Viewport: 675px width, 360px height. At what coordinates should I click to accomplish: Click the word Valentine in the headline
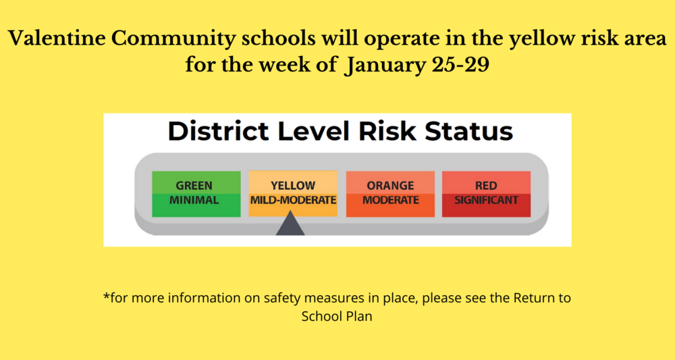pyautogui.click(x=57, y=38)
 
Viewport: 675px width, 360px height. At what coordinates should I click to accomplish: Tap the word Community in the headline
pyautogui.click(x=174, y=38)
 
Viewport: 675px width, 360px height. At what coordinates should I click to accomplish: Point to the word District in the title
pyautogui.click(x=219, y=131)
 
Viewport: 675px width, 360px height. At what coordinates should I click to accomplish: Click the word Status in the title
pyautogui.click(x=469, y=131)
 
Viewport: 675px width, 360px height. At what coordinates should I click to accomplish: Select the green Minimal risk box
pyautogui.click(x=196, y=194)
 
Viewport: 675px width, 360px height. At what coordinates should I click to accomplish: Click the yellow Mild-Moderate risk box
pyautogui.click(x=293, y=194)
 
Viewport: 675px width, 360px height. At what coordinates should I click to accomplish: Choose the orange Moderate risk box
pyautogui.click(x=390, y=194)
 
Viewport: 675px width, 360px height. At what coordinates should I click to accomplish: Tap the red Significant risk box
pyautogui.click(x=487, y=194)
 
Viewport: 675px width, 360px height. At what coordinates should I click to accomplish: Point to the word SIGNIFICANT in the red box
pyautogui.click(x=487, y=200)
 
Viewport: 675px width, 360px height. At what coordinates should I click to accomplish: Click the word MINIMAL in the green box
pyautogui.click(x=194, y=200)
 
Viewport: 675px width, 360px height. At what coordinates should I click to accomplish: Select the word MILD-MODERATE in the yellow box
pyautogui.click(x=293, y=200)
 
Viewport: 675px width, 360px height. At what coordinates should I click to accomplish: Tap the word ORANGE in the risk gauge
pyautogui.click(x=390, y=186)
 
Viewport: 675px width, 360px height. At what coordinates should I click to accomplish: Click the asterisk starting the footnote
pyautogui.click(x=107, y=297)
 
